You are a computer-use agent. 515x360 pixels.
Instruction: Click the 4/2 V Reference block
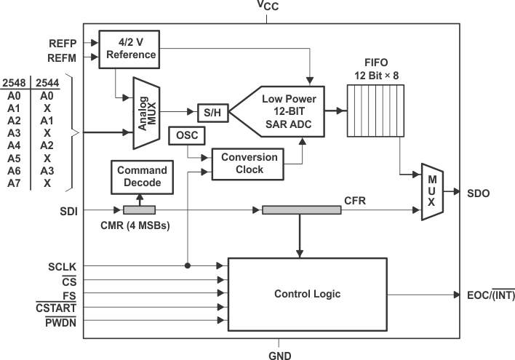click(x=128, y=49)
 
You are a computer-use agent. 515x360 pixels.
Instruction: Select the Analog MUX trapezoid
click(x=145, y=111)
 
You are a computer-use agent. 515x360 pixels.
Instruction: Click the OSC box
click(x=186, y=135)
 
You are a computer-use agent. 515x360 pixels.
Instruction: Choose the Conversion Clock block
click(x=249, y=164)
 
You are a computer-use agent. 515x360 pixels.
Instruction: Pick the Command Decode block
click(x=142, y=177)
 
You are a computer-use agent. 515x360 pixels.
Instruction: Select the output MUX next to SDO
click(x=431, y=193)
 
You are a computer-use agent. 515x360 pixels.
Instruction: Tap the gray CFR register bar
click(x=301, y=210)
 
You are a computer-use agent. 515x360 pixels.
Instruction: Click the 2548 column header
click(x=15, y=84)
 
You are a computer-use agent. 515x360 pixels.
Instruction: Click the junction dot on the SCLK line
click(x=188, y=266)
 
